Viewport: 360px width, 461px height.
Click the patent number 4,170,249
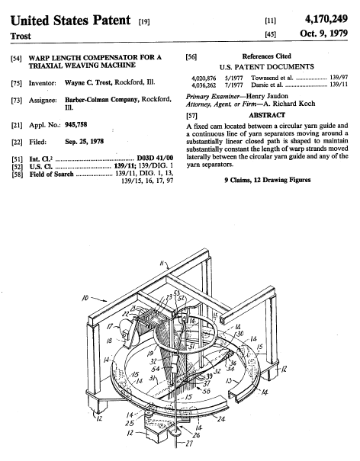point(326,19)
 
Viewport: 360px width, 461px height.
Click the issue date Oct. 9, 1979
point(323,33)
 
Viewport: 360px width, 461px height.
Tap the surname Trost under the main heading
point(21,36)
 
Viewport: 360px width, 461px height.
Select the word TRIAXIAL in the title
point(46,66)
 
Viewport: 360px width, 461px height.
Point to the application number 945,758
point(76,125)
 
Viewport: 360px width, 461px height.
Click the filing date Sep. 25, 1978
point(84,142)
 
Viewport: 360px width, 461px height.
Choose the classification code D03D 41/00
point(155,158)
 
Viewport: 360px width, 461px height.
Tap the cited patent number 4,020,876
point(204,78)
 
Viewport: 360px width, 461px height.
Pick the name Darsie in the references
point(259,85)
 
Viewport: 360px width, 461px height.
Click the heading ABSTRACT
point(267,115)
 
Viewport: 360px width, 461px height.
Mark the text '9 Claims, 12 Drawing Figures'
point(267,180)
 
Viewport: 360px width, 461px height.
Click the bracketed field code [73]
point(17,101)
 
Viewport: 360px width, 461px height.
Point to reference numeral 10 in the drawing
point(85,298)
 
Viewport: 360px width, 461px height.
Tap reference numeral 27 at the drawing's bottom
point(189,443)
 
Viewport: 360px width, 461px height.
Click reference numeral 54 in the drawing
point(156,369)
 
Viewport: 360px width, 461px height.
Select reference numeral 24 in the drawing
point(220,418)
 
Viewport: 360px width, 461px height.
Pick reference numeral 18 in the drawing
point(109,341)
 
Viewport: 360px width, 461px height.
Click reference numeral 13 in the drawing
point(229,381)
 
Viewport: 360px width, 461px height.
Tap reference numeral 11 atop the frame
point(162,263)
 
